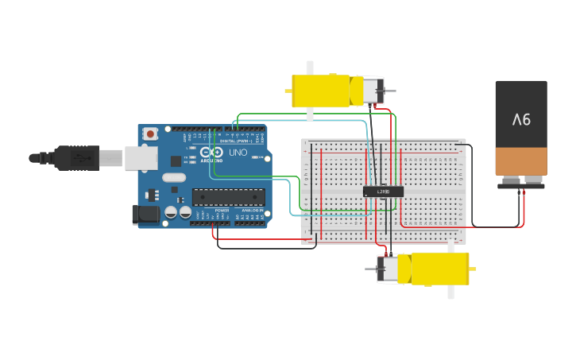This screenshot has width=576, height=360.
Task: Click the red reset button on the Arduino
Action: [149, 134]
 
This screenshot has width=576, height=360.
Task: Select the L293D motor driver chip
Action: [383, 192]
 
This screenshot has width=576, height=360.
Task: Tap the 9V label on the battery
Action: [521, 120]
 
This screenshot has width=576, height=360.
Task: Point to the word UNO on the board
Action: [238, 152]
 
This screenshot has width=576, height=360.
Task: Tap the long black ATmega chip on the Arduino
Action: [228, 196]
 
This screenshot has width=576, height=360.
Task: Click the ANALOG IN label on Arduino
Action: [251, 211]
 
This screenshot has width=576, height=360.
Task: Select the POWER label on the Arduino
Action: [222, 211]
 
